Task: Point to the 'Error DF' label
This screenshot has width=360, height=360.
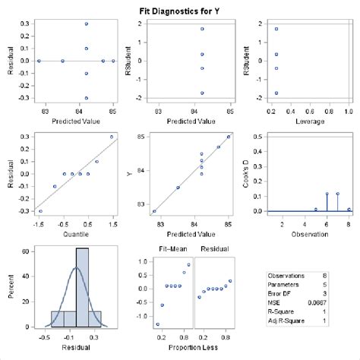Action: pos(280,293)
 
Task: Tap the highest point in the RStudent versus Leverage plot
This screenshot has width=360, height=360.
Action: pos(276,29)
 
